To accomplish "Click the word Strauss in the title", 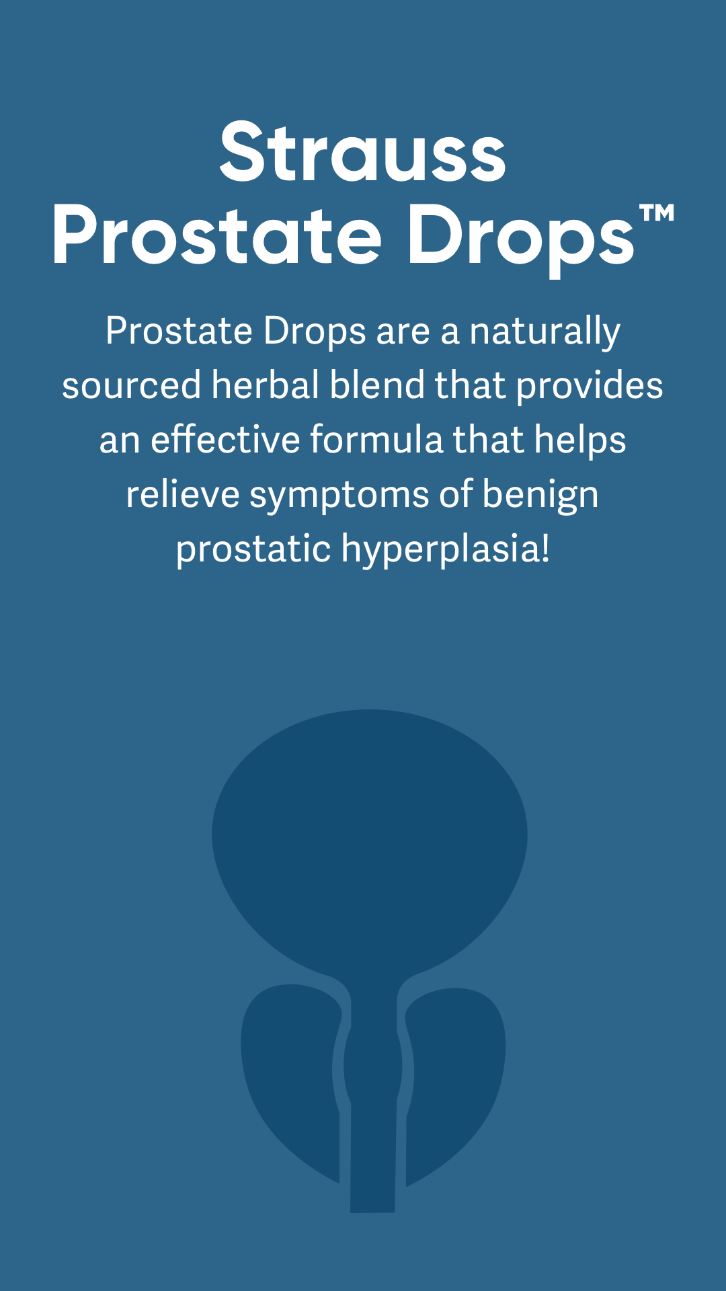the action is point(362,152).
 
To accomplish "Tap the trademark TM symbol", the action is point(656,214).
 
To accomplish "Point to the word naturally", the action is point(544,332).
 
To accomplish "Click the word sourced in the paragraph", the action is point(132,386).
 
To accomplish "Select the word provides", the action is point(590,387).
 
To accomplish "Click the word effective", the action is point(225,439).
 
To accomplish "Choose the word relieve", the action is point(183,494).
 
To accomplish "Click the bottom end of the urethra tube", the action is point(372,1211).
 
